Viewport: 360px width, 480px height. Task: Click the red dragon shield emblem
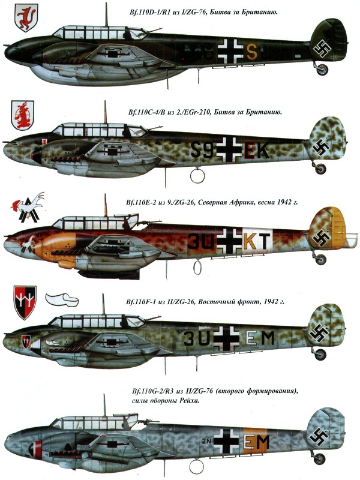[x=26, y=17]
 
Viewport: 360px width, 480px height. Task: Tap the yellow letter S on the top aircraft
[x=251, y=52]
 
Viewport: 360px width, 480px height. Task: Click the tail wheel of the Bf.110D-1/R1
[x=322, y=70]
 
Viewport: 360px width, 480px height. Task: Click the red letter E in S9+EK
[x=249, y=151]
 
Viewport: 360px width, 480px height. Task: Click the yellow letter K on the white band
[x=250, y=241]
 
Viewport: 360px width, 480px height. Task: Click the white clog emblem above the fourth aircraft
[x=62, y=299]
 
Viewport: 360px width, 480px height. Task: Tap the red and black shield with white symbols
[x=25, y=302]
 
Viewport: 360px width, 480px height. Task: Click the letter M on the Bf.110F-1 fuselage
[x=268, y=338]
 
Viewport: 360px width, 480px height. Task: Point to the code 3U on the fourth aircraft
[x=197, y=338]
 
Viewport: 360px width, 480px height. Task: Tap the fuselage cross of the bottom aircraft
[x=227, y=441]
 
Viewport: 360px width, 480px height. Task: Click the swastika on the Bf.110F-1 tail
[x=319, y=333]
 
